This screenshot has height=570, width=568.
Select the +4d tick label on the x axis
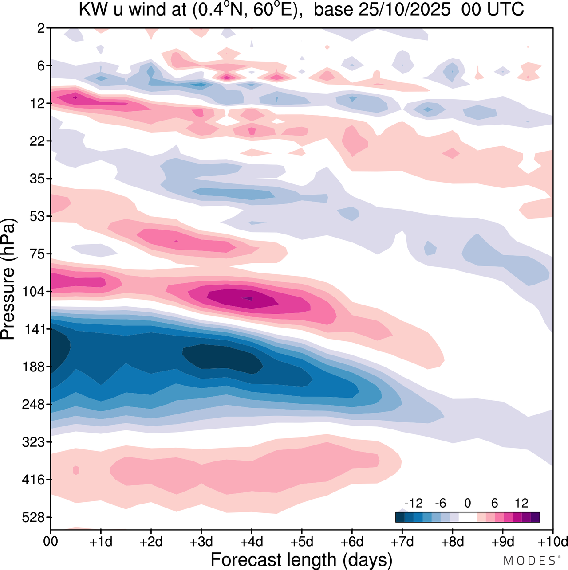pyautogui.click(x=251, y=542)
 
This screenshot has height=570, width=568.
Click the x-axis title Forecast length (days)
pyautogui.click(x=301, y=560)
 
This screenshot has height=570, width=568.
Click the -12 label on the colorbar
pyautogui.click(x=414, y=503)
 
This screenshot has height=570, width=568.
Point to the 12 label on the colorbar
pyautogui.click(x=521, y=503)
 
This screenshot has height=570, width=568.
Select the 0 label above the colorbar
pyautogui.click(x=467, y=503)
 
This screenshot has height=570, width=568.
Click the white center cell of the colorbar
pyautogui.click(x=467, y=517)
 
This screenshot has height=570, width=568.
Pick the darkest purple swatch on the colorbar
pyautogui.click(x=535, y=517)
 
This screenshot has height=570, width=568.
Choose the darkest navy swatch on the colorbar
pyautogui.click(x=400, y=517)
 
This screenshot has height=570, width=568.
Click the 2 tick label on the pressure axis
pyautogui.click(x=41, y=28)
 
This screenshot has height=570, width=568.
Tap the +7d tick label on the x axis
pyautogui.click(x=402, y=542)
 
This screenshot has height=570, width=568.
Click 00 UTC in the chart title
pyautogui.click(x=493, y=9)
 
